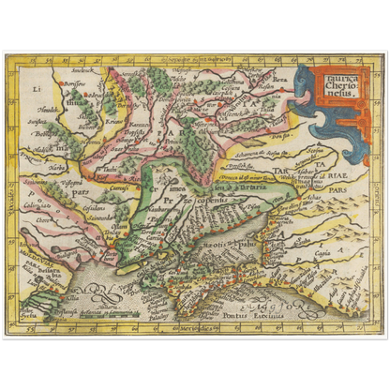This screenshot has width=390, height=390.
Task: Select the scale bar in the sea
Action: point(103,313)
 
